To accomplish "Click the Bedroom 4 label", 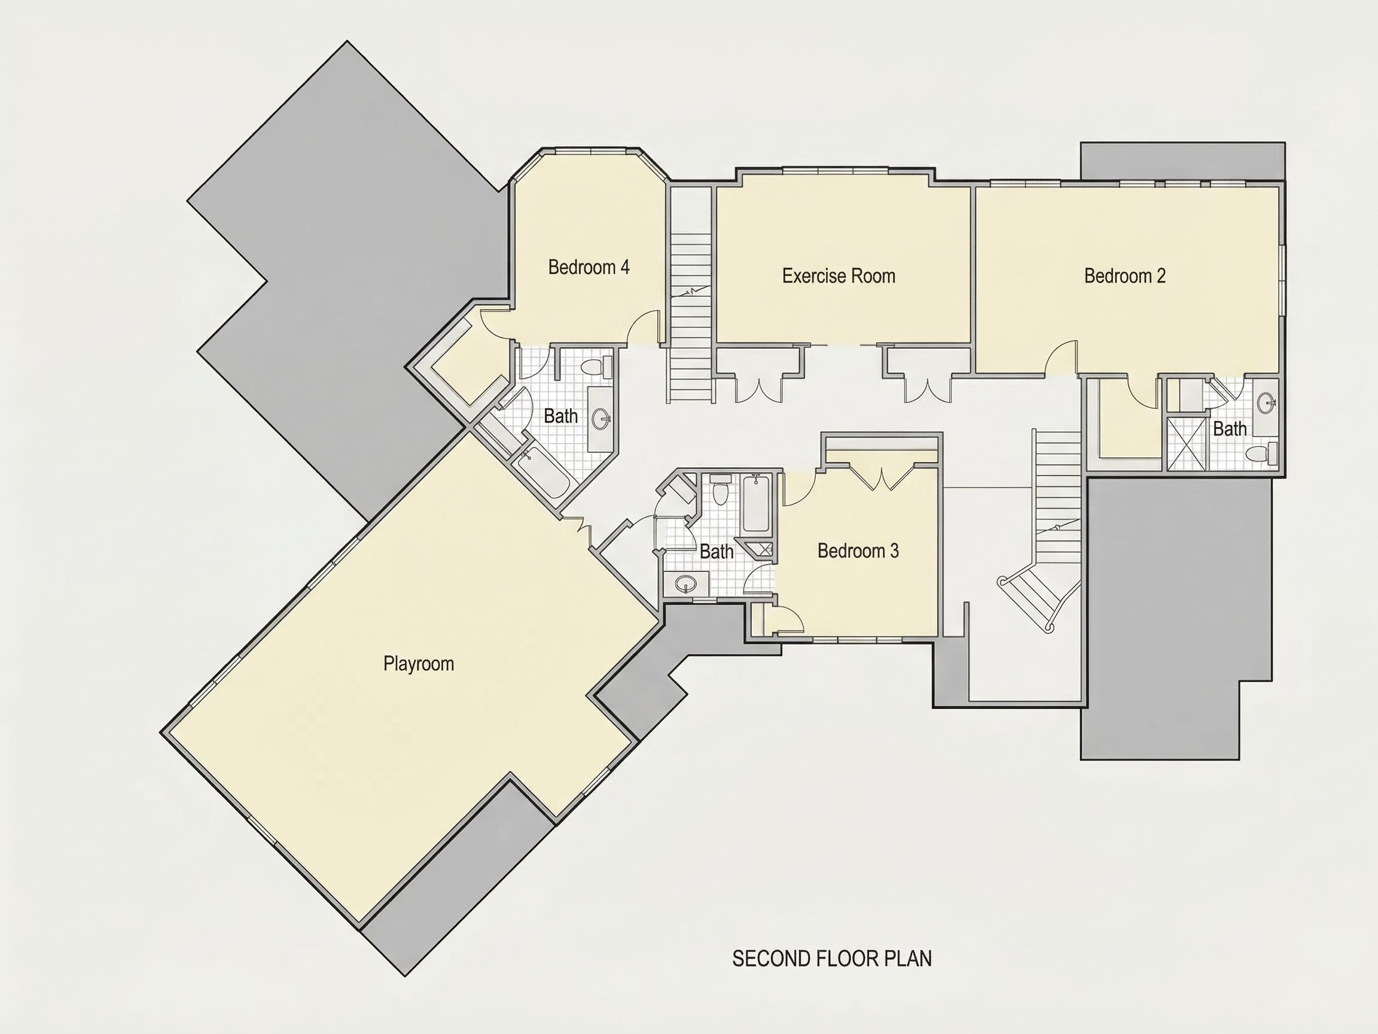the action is coord(589,267).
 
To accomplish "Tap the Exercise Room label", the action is coord(839,275).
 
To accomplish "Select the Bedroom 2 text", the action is coord(1124,275).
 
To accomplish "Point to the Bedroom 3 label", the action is coord(858,551).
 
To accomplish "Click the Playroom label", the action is coord(419,664).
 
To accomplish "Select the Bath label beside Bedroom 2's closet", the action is coord(1230,429).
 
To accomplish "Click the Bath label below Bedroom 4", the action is coord(560,416).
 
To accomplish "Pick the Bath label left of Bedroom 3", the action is coord(717,552).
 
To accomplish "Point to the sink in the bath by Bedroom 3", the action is coord(686,585).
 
